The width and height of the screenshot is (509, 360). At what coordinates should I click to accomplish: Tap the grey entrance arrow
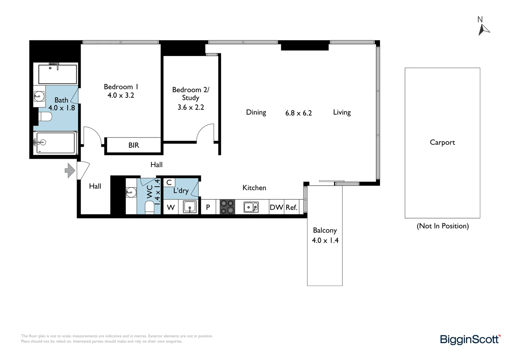coord(70,170)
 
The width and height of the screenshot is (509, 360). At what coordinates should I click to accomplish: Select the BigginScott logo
coord(470,339)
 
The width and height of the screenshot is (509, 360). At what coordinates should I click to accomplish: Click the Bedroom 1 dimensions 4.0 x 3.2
coord(121,95)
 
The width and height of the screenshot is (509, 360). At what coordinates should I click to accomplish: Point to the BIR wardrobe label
coord(134,145)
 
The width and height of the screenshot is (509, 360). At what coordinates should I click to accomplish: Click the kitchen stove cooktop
coord(228,207)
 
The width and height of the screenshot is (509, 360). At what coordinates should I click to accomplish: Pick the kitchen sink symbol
coord(251,207)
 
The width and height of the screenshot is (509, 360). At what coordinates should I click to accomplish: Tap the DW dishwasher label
coord(276,207)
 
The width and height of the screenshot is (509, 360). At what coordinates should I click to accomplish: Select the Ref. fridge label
coord(291,207)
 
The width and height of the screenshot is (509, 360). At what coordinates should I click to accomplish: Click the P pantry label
coord(208,207)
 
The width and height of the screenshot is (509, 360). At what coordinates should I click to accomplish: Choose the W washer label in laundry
coord(171,207)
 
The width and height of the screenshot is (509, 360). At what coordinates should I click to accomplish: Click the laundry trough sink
coord(190,207)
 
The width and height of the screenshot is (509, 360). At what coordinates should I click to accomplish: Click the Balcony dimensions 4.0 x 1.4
coord(325,240)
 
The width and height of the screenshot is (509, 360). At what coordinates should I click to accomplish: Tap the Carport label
coord(442,142)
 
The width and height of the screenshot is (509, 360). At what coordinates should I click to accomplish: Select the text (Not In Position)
coord(442,226)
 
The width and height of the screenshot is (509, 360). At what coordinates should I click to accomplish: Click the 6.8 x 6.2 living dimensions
coord(298,113)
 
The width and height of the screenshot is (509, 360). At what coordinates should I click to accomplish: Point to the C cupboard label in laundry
coord(169,182)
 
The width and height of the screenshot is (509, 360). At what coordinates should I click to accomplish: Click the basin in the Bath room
coord(39,97)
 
